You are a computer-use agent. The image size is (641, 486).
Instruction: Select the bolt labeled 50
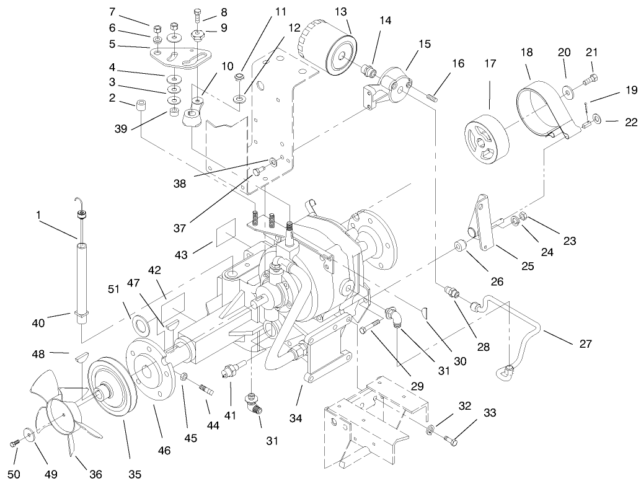(x=15, y=443)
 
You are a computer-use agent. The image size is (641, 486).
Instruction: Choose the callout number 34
(x=296, y=419)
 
